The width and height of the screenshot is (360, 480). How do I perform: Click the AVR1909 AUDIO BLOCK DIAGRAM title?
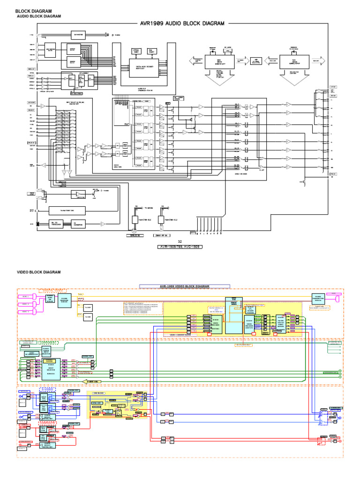(182, 23)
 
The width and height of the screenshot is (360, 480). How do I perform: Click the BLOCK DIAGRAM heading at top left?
(34, 11)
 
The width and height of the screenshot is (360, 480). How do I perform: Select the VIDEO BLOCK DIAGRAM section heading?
(39, 272)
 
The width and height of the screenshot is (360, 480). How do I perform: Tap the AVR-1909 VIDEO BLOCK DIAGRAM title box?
(185, 286)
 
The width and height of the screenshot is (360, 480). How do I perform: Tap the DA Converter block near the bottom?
(78, 224)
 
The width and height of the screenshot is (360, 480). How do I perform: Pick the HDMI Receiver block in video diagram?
(64, 300)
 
